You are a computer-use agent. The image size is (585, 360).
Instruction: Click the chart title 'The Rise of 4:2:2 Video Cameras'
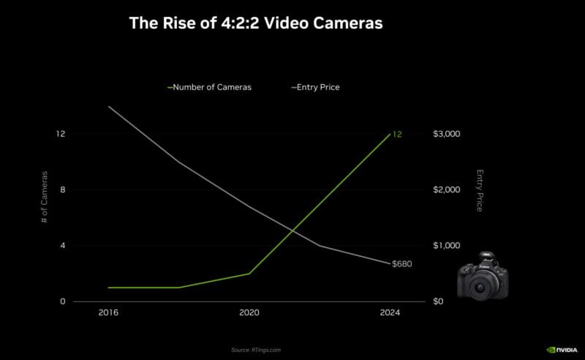256,23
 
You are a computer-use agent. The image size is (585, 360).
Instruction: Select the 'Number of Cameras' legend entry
212,87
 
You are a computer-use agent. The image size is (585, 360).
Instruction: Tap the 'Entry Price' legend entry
317,87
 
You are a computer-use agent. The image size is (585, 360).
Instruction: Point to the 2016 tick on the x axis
108,312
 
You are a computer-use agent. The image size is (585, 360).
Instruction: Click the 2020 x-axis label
249,312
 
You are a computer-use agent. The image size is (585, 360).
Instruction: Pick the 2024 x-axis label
390,312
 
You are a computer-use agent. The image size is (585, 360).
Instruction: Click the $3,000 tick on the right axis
446,134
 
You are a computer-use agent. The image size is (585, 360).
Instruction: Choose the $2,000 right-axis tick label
446,190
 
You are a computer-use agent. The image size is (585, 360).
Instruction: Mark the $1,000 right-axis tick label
446,246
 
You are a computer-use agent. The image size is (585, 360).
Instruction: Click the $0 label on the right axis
439,301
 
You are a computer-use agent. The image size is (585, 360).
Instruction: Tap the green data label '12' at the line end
397,134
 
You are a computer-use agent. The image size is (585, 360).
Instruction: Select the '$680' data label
402,263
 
